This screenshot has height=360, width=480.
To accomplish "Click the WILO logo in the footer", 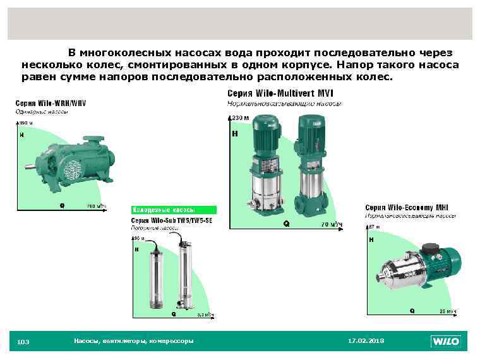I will (x=447, y=342).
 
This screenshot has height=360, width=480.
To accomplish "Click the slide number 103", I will (x=23, y=342).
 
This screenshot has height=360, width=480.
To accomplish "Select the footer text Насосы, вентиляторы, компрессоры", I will (x=133, y=341).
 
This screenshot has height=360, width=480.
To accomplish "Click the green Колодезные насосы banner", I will (x=174, y=210).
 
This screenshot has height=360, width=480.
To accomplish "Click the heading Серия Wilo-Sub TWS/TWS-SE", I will (x=172, y=220).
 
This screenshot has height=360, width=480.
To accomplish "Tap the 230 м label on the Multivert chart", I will (x=241, y=118).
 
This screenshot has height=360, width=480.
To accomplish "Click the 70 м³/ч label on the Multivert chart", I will (x=332, y=224).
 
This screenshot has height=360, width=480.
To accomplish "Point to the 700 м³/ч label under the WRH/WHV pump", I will (x=96, y=206).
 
